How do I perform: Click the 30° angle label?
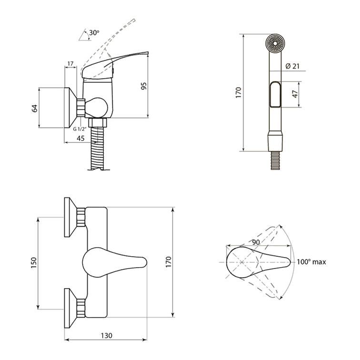point(94,33)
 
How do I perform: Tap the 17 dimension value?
point(70,63)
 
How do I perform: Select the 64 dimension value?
point(34,108)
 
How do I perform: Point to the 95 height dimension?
point(144,86)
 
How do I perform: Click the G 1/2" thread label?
point(80,129)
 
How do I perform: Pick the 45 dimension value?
point(80,138)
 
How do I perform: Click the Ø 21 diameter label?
point(292,66)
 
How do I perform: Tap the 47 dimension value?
point(295,94)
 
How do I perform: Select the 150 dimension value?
point(34,263)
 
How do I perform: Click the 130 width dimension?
point(107,335)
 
